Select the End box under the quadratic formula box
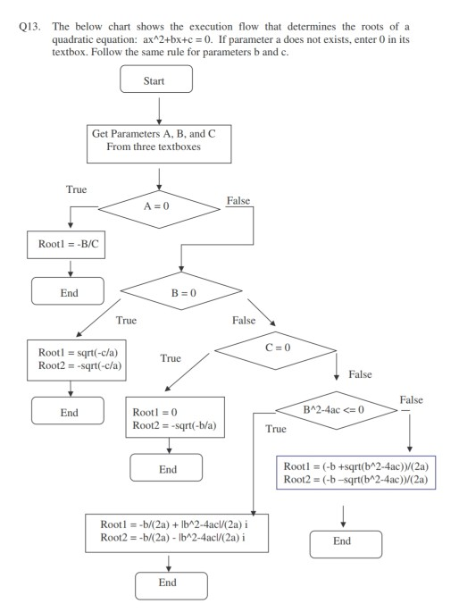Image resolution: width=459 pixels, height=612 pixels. pyautogui.click(x=344, y=542)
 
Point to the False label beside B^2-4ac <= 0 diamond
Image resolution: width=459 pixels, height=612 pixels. pyautogui.click(x=412, y=398)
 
